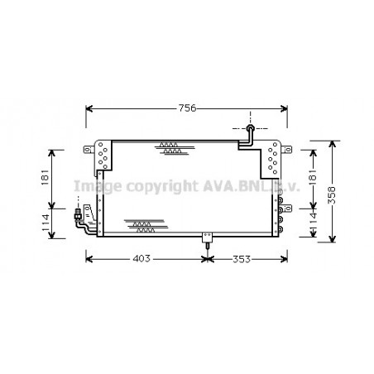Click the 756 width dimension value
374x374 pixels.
coord(188,108)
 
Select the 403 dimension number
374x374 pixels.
coord(141,259)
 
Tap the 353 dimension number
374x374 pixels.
coord(242,259)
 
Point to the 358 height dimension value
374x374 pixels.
coord(332,195)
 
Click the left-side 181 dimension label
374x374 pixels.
coord(45,177)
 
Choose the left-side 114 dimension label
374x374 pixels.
coord(45,223)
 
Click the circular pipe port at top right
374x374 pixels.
coord(250,128)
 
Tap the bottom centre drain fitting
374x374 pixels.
coord(208,240)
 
